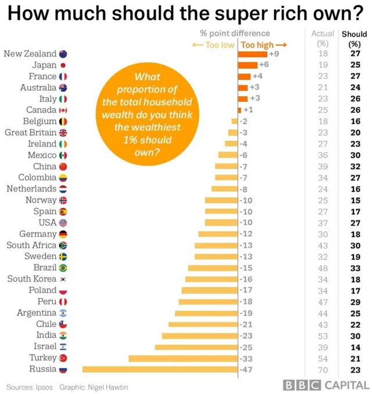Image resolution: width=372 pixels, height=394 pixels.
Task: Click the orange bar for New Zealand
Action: [252, 54]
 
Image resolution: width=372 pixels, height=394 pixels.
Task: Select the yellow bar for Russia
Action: [160, 369]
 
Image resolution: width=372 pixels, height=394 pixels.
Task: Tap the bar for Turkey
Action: [183, 358]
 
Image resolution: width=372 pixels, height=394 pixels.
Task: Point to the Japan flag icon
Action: [63, 65]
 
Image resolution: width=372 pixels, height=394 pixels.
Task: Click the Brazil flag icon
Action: [63, 268]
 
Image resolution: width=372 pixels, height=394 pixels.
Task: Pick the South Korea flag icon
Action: [63, 279]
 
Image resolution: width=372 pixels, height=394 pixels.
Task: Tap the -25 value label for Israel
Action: [247, 347]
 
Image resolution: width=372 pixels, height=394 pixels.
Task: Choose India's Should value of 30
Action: [355, 335]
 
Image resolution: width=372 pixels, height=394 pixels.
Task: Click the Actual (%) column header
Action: [322, 38]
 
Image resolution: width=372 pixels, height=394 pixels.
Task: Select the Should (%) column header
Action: [355, 38]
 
